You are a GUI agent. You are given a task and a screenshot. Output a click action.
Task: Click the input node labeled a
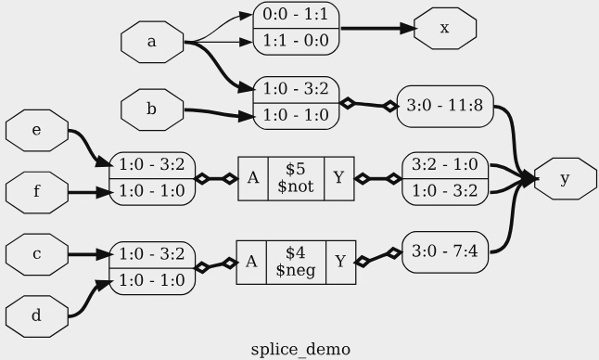click(x=152, y=42)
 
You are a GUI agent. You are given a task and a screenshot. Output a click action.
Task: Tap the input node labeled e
click(x=36, y=131)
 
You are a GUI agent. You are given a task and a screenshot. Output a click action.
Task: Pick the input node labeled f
click(x=36, y=194)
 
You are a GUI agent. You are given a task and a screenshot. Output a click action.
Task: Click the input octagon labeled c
click(x=36, y=253)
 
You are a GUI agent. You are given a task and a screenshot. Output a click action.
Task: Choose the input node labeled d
click(x=36, y=316)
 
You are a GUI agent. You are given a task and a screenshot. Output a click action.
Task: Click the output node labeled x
click(x=445, y=28)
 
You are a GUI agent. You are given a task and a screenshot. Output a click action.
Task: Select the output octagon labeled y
click(x=564, y=179)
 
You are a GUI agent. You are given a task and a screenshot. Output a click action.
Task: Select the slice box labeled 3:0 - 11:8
click(x=444, y=105)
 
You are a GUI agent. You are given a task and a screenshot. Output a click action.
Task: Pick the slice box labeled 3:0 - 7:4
click(x=444, y=252)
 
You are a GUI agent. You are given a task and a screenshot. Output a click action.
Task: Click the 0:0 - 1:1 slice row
click(x=296, y=16)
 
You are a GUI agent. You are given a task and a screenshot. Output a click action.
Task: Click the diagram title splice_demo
click(x=300, y=349)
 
